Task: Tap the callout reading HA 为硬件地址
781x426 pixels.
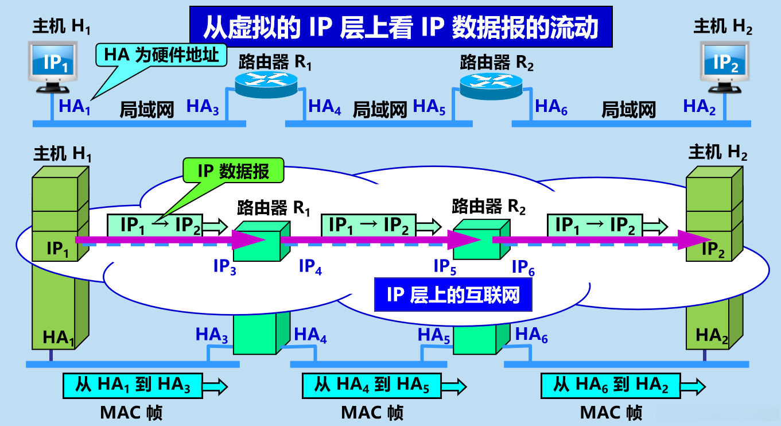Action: (162, 55)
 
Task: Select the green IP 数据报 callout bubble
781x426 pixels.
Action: (233, 171)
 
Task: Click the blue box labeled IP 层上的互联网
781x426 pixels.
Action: (453, 296)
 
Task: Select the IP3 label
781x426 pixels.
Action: (224, 268)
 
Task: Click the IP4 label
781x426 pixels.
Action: (310, 266)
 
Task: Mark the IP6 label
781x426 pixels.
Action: (523, 268)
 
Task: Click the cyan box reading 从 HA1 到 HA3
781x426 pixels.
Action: (133, 385)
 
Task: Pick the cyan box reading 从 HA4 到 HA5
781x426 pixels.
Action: (372, 385)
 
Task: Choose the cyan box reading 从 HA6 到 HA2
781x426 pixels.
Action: (611, 385)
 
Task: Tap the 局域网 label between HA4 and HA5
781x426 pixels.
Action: (379, 109)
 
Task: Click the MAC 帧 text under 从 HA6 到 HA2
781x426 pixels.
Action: (611, 412)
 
